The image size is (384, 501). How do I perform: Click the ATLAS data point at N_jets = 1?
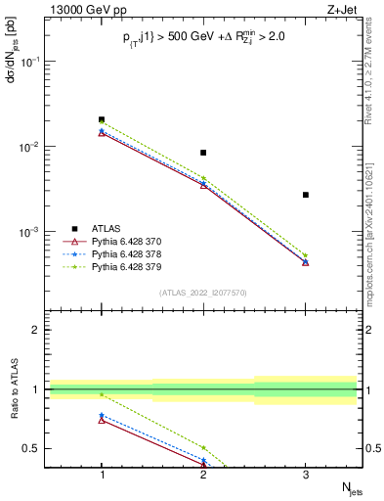pyautogui.click(x=102, y=119)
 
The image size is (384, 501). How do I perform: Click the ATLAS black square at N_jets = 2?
pyautogui.click(x=203, y=153)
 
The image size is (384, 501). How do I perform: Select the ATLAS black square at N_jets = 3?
pyautogui.click(x=306, y=195)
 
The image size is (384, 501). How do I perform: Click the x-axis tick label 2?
pyautogui.click(x=203, y=475)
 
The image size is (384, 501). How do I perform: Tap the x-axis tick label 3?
pyautogui.click(x=306, y=475)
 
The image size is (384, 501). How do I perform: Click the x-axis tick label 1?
pyautogui.click(x=102, y=475)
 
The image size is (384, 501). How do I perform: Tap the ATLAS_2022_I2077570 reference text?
pyautogui.click(x=203, y=292)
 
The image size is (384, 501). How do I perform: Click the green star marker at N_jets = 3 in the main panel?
pyautogui.click(x=306, y=255)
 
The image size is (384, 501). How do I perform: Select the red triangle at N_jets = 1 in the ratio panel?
pyautogui.click(x=102, y=420)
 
